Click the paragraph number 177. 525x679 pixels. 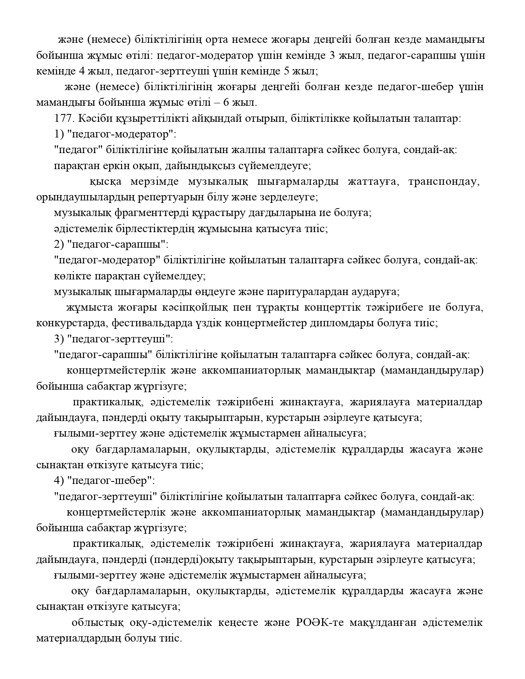coord(63,119)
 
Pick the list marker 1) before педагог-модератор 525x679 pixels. coord(58,134)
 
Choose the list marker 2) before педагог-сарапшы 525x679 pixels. coord(58,244)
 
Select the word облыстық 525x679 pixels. coord(92,622)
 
